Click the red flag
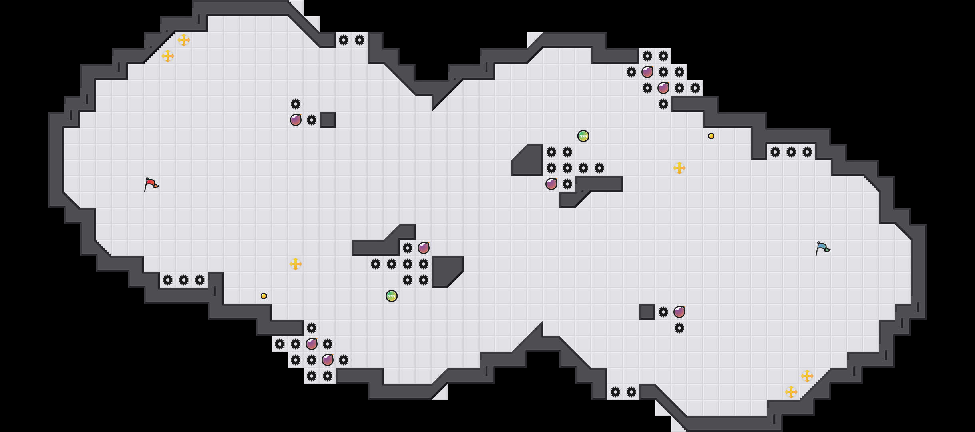tap(151, 184)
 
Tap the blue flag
tap(822, 248)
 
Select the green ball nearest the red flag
tap(392, 296)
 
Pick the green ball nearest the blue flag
tap(583, 136)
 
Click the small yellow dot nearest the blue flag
tap(711, 136)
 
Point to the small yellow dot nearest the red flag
tap(264, 296)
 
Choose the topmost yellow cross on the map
tap(184, 40)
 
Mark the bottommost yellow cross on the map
tap(791, 392)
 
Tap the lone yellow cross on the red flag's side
tap(296, 264)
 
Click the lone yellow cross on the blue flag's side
tap(679, 168)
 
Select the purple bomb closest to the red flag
tap(296, 120)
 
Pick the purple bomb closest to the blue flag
tap(679, 312)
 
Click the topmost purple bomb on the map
tap(647, 72)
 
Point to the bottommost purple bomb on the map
tap(328, 360)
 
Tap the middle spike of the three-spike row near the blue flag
tap(791, 152)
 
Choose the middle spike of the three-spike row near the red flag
tap(184, 280)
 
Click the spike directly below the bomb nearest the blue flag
tap(679, 328)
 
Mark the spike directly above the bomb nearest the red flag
tap(296, 104)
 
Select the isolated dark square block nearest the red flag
tap(328, 120)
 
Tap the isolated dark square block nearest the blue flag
tap(647, 312)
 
